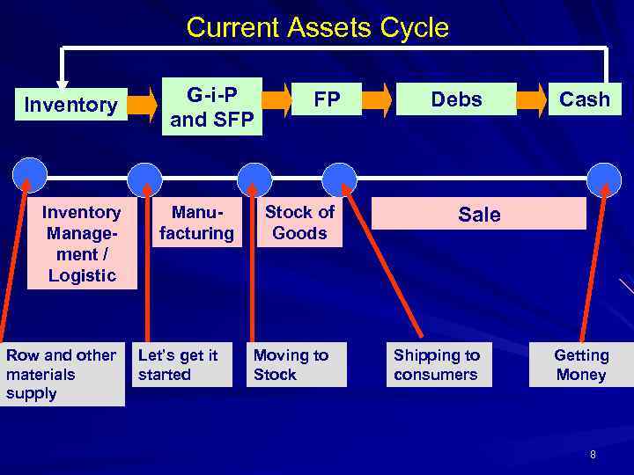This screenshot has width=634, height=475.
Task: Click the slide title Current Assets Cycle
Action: click(317, 27)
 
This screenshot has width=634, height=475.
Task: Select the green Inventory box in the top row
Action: click(70, 106)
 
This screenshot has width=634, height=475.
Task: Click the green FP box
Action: click(327, 99)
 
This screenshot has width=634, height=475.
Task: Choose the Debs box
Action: click(456, 99)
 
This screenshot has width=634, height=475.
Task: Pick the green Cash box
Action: click(585, 99)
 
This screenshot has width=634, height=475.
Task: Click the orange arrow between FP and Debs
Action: click(377, 99)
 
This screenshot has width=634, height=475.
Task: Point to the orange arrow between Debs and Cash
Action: click(531, 99)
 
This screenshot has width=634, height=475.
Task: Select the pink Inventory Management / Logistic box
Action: click(82, 244)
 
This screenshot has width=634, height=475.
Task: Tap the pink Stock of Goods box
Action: click(299, 223)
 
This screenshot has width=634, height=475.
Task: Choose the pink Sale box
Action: click(479, 214)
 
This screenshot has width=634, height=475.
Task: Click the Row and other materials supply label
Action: click(62, 375)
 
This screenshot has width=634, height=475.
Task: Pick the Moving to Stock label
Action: click(296, 364)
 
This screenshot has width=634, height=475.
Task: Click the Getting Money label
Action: click(580, 364)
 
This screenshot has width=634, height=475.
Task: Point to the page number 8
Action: click(593, 455)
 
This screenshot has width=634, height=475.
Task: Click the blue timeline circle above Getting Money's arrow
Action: click(604, 176)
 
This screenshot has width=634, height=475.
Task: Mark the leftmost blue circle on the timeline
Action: click(31, 174)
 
